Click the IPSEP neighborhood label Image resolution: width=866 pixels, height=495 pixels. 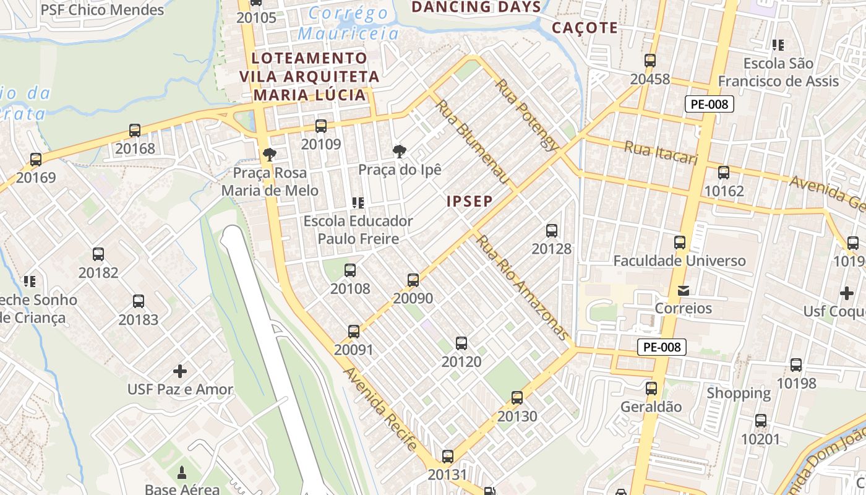pyautogui.click(x=469, y=201)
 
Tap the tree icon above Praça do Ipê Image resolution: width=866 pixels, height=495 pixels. pyautogui.click(x=400, y=151)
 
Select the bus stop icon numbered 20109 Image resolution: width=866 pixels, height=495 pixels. pyautogui.click(x=321, y=126)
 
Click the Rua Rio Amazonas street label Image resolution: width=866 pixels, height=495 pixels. pyautogui.click(x=523, y=288)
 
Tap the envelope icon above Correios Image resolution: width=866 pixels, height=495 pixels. pyautogui.click(x=684, y=290)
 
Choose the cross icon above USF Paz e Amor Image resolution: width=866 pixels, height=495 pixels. pyautogui.click(x=180, y=371)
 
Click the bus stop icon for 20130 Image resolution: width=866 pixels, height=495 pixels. pyautogui.click(x=517, y=398)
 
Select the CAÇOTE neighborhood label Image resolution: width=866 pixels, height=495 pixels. pyautogui.click(x=585, y=28)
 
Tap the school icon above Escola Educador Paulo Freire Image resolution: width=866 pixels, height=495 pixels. pyautogui.click(x=358, y=202)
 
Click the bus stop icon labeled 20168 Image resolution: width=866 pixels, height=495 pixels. pyautogui.click(x=135, y=131)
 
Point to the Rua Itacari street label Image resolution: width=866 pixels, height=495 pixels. pyautogui.click(x=661, y=152)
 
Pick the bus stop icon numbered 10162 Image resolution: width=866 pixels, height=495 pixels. pyautogui.click(x=724, y=173)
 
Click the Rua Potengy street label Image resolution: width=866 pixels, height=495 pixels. pyautogui.click(x=527, y=114)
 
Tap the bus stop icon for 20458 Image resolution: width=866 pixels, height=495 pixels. pyautogui.click(x=650, y=61)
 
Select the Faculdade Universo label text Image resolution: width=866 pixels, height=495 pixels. pyautogui.click(x=679, y=260)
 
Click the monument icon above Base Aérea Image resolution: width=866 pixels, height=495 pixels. pyautogui.click(x=182, y=473)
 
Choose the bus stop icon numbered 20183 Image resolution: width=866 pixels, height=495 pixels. pyautogui.click(x=139, y=301)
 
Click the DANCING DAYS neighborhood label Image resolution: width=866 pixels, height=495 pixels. pyautogui.click(x=476, y=7)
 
